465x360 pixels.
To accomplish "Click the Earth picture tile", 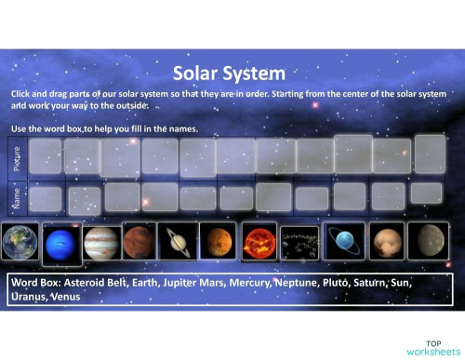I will [20, 240].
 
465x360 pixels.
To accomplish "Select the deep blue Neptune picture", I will [61, 241].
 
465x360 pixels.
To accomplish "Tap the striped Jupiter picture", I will [101, 242].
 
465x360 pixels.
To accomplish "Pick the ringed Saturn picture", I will [175, 241].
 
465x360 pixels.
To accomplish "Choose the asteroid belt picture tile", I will [299, 242].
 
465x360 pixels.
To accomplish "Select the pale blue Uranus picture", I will [343, 241].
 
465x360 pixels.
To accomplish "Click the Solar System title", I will [229, 73].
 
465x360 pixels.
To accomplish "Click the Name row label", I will [17, 197].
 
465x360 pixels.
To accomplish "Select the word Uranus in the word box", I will [29, 297].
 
